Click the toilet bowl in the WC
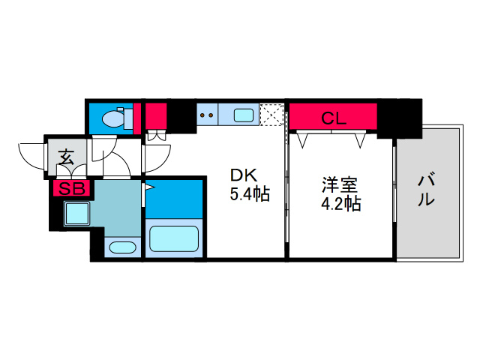pos(115,118)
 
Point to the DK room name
pos(244,175)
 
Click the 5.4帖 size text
pos(250,195)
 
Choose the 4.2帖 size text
pos(341,203)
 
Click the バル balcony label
pos(426,190)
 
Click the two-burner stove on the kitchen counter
pos(207,115)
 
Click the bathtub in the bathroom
pos(173,239)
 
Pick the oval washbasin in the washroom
pos(120,247)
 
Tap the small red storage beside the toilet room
pos(154,116)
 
